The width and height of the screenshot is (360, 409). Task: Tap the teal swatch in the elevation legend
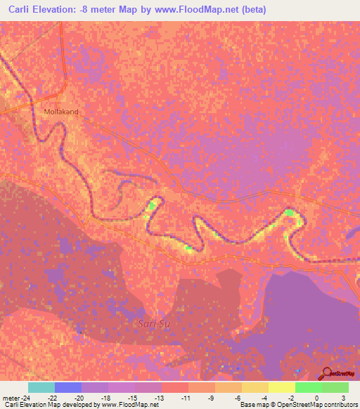click(41, 387)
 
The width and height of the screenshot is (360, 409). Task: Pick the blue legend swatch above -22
click(67, 387)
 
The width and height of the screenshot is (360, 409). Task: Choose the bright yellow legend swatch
click(281, 387)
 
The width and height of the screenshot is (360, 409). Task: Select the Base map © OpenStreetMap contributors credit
click(297, 405)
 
